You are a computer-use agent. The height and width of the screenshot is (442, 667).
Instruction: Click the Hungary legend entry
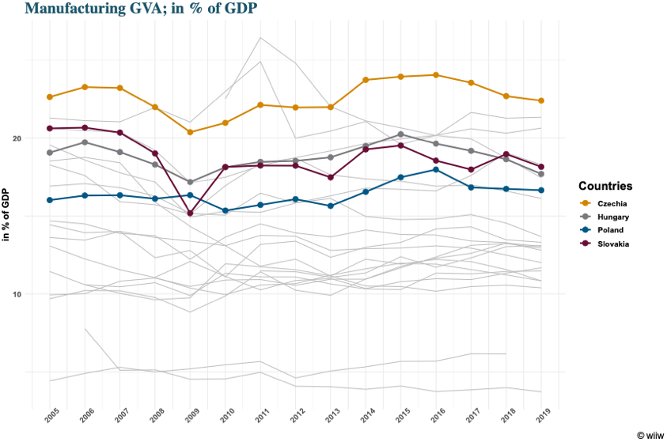pos(613,217)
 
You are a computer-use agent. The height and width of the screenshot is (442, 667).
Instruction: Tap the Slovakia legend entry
pos(613,244)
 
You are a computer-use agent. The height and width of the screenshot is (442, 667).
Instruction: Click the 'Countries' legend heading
pos(604,187)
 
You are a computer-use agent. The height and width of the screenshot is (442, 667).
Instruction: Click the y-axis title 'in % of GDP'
pos(7,215)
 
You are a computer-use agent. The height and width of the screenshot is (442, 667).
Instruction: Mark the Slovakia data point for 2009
pos(190,213)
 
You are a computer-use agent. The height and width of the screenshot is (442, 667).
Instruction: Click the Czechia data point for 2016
pos(435,75)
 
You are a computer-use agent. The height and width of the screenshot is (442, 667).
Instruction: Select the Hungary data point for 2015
pos(400,134)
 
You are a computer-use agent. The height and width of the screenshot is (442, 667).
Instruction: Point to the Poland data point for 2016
pos(435,169)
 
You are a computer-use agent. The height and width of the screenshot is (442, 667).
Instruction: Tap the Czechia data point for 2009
pos(190,132)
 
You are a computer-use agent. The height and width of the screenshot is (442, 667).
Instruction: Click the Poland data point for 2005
pos(50,200)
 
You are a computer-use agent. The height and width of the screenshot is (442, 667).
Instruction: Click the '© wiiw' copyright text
pos(650,434)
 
